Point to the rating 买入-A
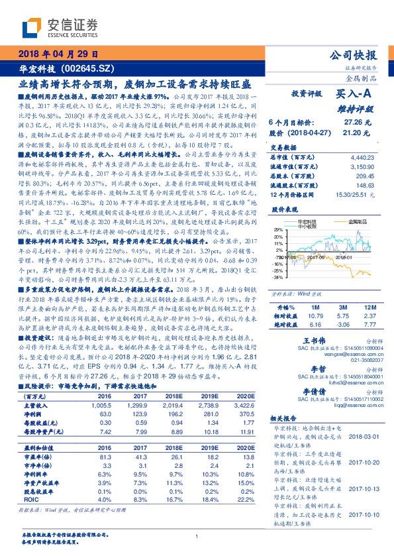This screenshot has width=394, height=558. pos(358,94)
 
